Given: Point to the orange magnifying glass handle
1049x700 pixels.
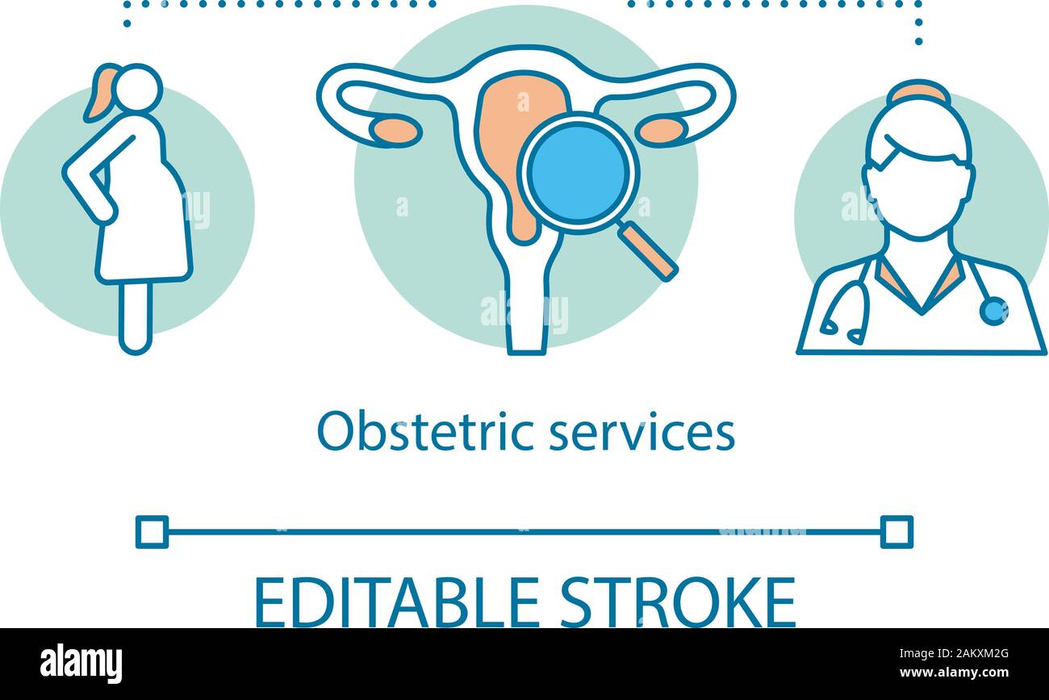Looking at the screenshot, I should [x=647, y=250].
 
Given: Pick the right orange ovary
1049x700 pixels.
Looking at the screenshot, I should [x=660, y=131].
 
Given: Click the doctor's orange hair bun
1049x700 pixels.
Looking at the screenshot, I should [x=917, y=92].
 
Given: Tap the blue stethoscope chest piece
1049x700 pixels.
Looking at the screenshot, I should [x=993, y=311].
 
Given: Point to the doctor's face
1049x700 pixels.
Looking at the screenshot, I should [x=917, y=194].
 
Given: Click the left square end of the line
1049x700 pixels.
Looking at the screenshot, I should [x=152, y=532].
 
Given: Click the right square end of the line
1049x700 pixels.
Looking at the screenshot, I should [x=896, y=532].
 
